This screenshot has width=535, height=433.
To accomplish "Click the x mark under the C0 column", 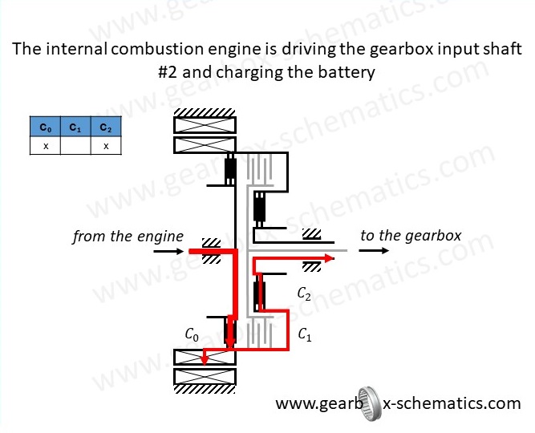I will click(46, 145).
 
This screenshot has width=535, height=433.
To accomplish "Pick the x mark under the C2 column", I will click(105, 145).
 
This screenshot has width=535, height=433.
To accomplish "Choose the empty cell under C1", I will click(75, 145).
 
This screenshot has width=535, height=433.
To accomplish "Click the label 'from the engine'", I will click(128, 237).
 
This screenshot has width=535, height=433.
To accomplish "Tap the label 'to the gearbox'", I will click(411, 236).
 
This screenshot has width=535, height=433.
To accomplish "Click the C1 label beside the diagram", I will click(305, 335).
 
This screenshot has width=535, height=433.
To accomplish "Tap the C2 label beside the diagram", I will click(304, 293).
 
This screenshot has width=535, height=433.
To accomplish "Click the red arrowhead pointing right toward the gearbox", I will click(329, 259).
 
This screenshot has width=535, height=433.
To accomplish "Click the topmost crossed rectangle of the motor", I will click(205, 124).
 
